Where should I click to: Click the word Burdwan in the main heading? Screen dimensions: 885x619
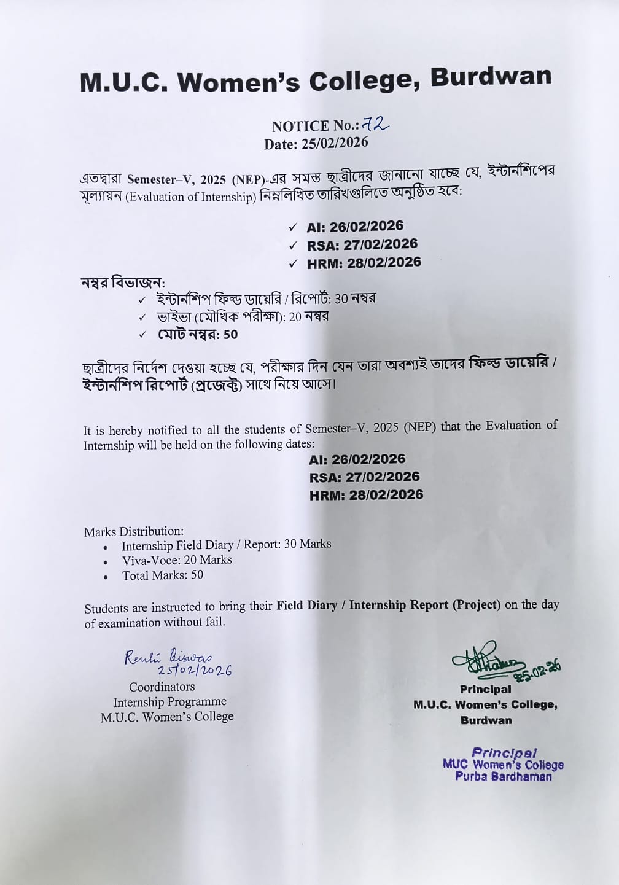491,77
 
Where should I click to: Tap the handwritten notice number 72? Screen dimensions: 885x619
375,124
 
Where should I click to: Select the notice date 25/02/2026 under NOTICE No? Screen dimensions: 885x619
335,143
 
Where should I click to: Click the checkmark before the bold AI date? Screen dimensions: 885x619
293,227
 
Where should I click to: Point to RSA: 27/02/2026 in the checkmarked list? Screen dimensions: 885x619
362,244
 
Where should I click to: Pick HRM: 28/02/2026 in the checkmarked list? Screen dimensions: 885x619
364,263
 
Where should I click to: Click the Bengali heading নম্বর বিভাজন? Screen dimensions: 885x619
123,283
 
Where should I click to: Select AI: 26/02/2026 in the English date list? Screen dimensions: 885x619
357,459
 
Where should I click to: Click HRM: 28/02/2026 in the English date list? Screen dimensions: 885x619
367,495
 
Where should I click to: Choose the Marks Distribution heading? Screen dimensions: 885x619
134,531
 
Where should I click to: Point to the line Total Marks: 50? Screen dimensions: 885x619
163,575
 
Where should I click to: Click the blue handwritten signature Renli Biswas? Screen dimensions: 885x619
168,657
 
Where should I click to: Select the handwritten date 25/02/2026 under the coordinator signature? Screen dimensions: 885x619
195,671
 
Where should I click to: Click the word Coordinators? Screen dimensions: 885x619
162,687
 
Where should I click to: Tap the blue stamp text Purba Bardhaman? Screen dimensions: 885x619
504,777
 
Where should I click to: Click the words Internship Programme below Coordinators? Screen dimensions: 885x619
169,702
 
